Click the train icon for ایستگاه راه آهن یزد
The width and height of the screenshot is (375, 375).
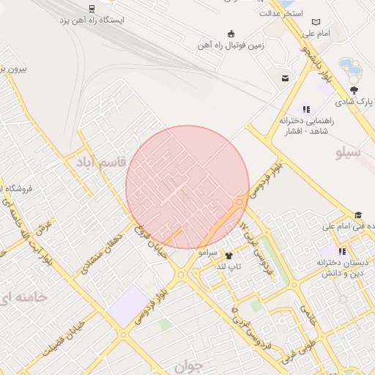coord(92,9)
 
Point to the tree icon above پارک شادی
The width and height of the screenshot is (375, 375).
coord(354,89)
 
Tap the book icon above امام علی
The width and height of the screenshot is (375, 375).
coord(316,22)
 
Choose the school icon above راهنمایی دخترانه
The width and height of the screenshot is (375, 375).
coord(306,109)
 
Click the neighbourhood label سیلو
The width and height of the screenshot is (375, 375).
coord(349,153)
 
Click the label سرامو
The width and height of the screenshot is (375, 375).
coord(208,251)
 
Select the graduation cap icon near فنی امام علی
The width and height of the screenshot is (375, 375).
coord(358,215)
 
